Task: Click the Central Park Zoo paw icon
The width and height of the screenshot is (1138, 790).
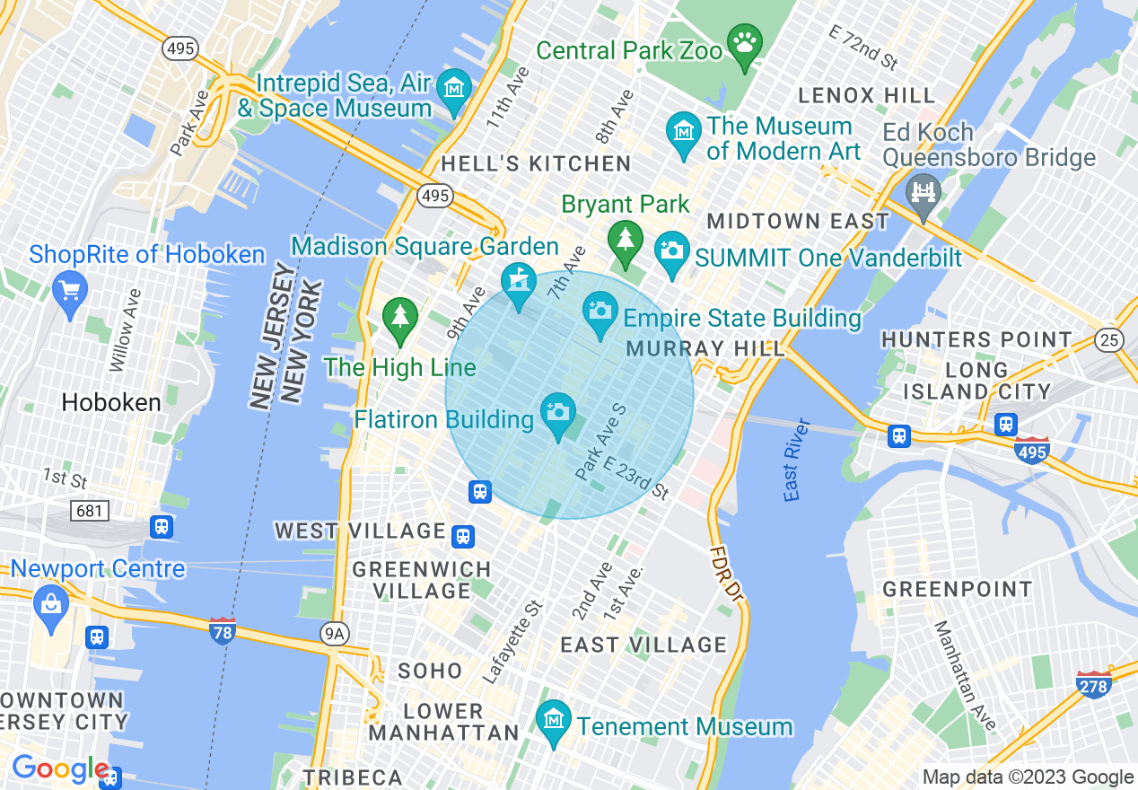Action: click(x=745, y=41)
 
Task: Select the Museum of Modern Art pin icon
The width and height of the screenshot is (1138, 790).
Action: click(x=685, y=131)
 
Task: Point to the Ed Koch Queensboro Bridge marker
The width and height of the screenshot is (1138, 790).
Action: click(x=924, y=190)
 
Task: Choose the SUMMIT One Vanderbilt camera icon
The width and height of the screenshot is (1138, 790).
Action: click(x=671, y=249)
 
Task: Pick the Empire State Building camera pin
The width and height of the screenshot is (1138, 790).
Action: click(x=600, y=311)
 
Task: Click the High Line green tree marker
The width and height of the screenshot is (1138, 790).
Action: click(x=400, y=317)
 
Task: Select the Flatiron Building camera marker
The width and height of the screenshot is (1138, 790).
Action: click(x=557, y=412)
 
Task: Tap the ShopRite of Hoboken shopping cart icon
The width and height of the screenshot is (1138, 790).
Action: click(x=71, y=291)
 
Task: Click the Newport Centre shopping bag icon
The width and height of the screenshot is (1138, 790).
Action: click(x=51, y=603)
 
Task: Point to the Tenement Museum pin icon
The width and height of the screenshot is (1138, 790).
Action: click(x=554, y=719)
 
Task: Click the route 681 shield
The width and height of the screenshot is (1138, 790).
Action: click(x=90, y=511)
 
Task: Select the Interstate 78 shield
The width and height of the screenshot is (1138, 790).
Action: click(x=222, y=629)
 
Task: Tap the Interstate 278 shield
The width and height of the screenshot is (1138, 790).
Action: click(x=1094, y=684)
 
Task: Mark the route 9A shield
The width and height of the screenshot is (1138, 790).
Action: click(x=334, y=635)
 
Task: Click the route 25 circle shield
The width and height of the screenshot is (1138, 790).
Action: click(x=1108, y=338)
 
